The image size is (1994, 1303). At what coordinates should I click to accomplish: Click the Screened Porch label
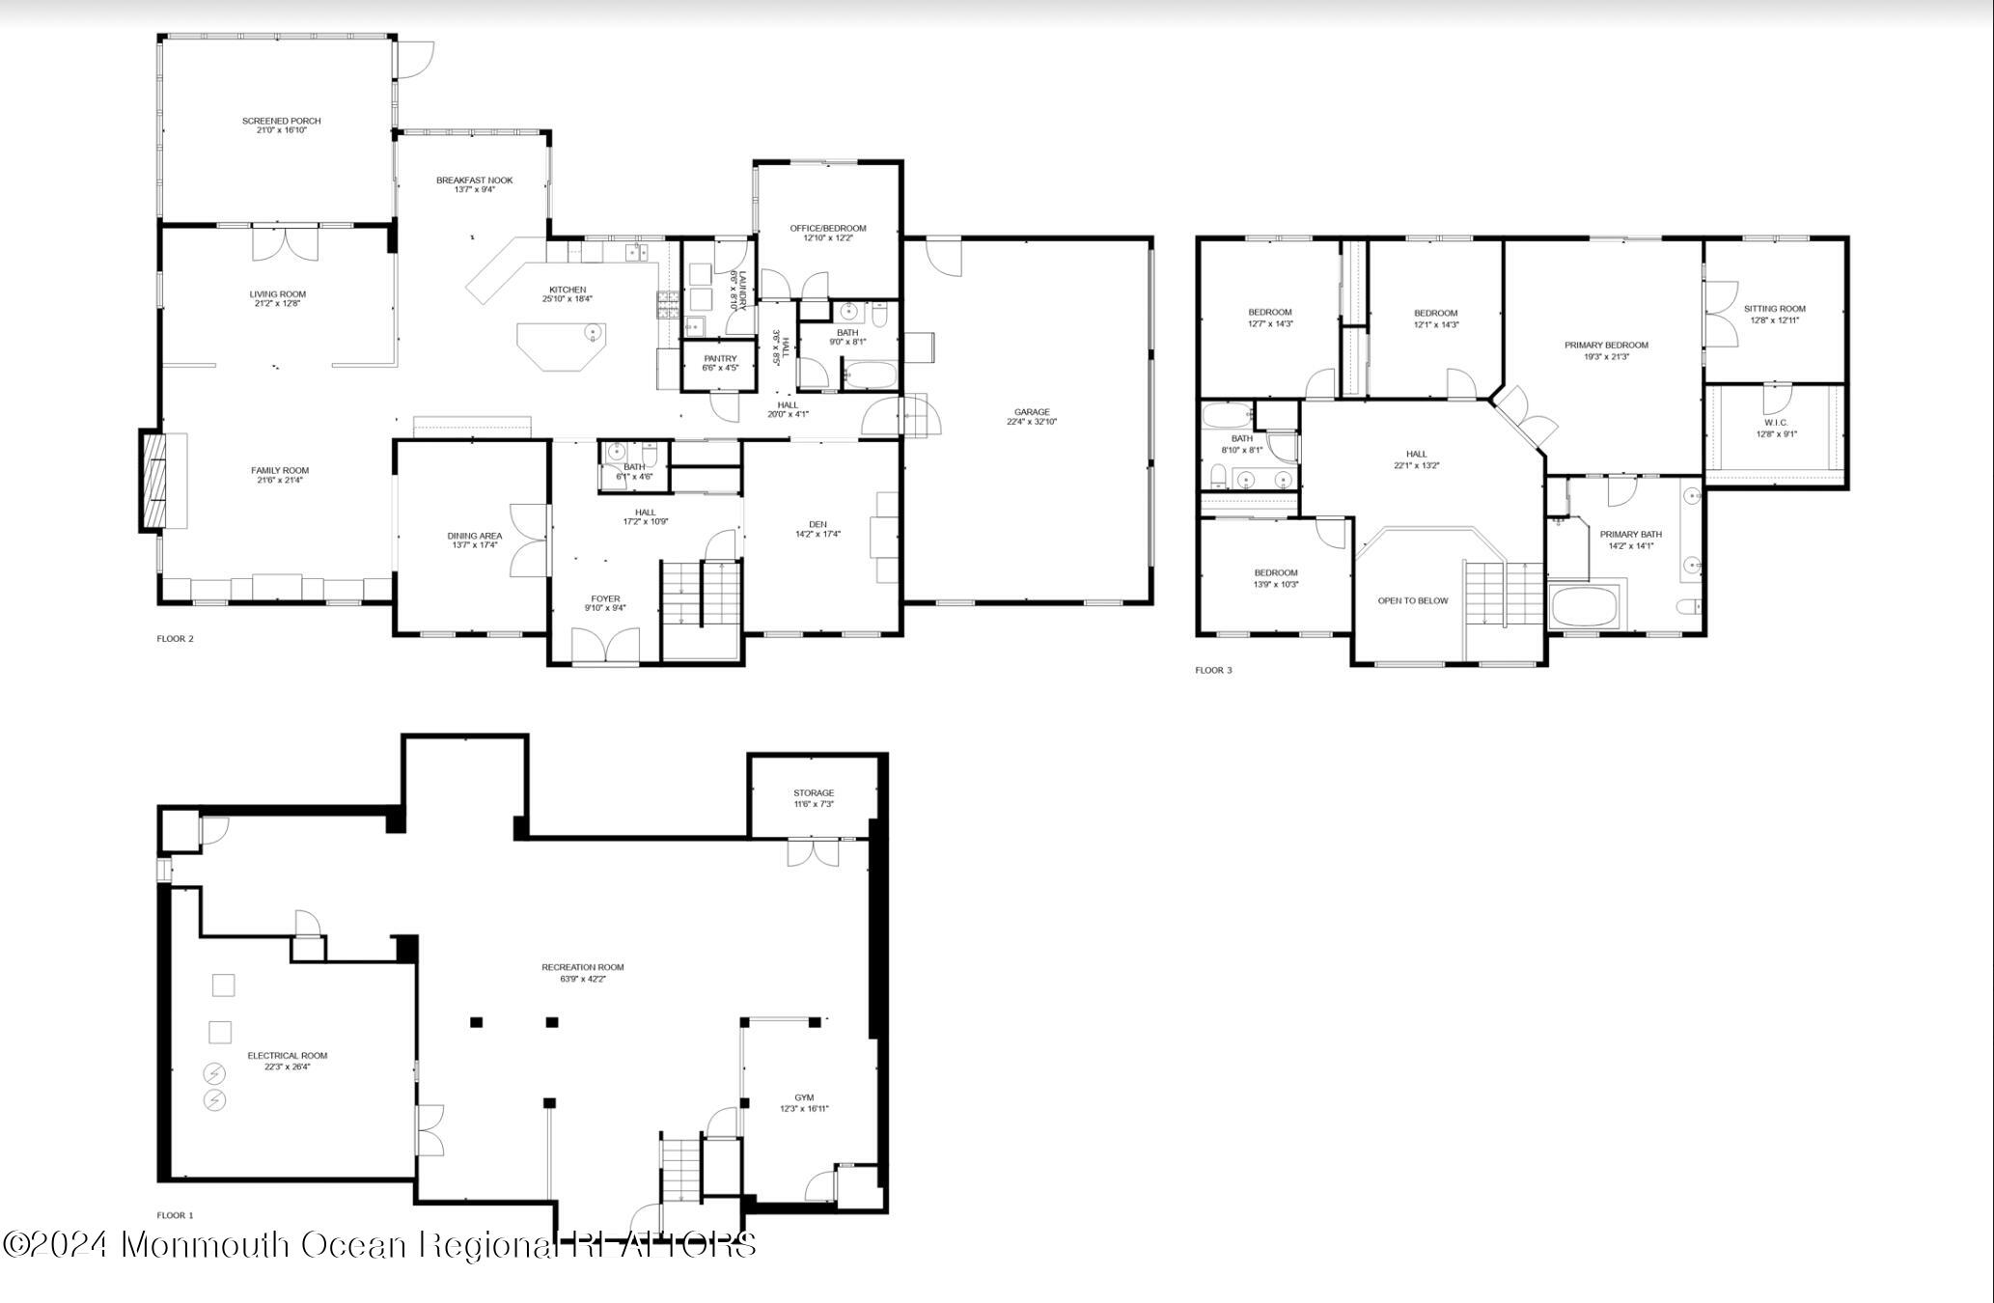(281, 121)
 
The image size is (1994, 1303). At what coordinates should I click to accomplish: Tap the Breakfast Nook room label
(474, 180)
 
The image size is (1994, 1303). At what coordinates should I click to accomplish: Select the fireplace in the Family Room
(152, 481)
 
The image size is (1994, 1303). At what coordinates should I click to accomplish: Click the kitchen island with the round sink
(561, 346)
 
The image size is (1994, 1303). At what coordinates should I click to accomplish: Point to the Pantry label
(720, 358)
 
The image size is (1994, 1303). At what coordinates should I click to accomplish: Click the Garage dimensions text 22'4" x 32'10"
(1031, 422)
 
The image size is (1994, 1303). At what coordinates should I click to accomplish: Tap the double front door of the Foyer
(605, 646)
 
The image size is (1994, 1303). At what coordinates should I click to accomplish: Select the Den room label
(817, 524)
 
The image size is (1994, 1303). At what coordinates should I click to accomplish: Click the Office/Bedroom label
(827, 229)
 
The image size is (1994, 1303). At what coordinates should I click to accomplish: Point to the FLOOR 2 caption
(175, 638)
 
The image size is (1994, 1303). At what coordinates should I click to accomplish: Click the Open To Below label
(1412, 600)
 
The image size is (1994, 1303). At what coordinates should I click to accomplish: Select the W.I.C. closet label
(1776, 423)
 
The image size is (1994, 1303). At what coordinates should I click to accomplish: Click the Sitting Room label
(1774, 309)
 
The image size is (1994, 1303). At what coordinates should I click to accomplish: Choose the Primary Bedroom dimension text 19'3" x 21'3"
(1606, 356)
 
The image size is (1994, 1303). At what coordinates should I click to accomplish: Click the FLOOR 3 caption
(1213, 670)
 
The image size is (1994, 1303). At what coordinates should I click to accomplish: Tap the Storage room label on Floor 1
(814, 792)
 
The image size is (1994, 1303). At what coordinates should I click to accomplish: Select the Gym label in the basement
(804, 1097)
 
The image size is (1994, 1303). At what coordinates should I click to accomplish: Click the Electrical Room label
(287, 1056)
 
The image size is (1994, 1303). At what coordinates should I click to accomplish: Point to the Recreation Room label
(582, 967)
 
